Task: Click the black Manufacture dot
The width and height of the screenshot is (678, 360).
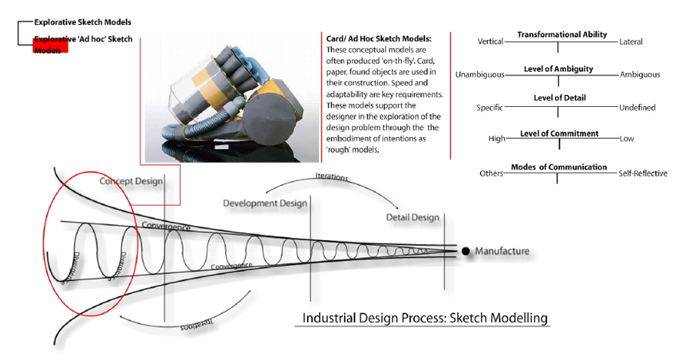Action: pyautogui.click(x=466, y=251)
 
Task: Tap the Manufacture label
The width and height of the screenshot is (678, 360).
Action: pyautogui.click(x=502, y=251)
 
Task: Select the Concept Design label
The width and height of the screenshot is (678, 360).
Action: pyautogui.click(x=132, y=182)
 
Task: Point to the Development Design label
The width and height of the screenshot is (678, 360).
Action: pyautogui.click(x=265, y=204)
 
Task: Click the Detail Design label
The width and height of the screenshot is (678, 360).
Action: pyautogui.click(x=412, y=217)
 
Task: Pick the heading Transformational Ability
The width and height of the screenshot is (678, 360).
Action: pyautogui.click(x=562, y=35)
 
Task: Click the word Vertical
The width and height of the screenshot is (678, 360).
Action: pyautogui.click(x=491, y=42)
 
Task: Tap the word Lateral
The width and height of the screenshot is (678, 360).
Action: pyautogui.click(x=630, y=42)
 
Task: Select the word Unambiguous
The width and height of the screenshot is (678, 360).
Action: pyautogui.click(x=480, y=75)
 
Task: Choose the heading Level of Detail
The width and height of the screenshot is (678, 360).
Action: pyautogui.click(x=559, y=97)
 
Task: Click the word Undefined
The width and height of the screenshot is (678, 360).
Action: pyautogui.click(x=637, y=107)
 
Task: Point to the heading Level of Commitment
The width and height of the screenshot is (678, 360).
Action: pyautogui.click(x=558, y=133)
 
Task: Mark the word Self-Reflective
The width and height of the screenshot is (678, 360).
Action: pyautogui.click(x=643, y=173)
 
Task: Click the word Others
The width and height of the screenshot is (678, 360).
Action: pyautogui.click(x=491, y=173)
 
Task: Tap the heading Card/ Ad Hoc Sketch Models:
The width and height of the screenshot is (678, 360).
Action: pyautogui.click(x=379, y=38)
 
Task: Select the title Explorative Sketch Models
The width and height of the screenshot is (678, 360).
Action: pyautogui.click(x=82, y=22)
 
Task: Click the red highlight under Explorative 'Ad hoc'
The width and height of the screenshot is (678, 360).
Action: pyautogui.click(x=50, y=49)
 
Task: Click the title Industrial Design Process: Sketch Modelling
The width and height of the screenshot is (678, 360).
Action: pyautogui.click(x=425, y=318)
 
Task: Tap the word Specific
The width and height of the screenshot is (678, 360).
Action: pyautogui.click(x=490, y=107)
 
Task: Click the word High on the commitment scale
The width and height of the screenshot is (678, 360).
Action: pyautogui.click(x=496, y=139)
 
